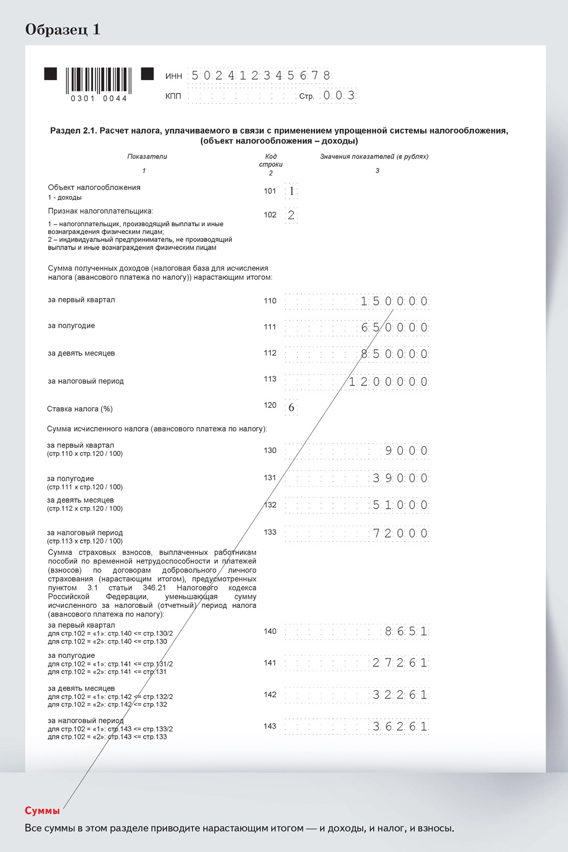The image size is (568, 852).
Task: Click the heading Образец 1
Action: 63,29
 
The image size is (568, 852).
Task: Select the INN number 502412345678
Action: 260,75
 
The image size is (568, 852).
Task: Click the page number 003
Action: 339,96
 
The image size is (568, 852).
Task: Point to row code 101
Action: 270,191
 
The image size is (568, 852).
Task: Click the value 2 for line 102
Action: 291,215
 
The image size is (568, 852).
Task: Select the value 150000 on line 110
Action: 394,302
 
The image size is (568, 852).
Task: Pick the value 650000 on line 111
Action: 395,327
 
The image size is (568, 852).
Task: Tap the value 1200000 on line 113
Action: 388,382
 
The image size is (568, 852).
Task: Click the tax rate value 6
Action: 291,408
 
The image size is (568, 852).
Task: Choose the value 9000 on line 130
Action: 406,451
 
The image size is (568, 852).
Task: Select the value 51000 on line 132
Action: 401,505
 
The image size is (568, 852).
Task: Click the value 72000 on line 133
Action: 401,533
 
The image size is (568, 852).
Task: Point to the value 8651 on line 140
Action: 406,631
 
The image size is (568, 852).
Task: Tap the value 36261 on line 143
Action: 401,726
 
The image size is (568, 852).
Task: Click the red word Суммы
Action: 42,811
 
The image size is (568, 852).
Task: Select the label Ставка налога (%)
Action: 80,409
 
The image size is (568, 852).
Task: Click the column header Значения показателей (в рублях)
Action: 374,156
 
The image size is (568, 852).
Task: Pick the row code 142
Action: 270,694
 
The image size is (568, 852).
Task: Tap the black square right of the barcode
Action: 147,74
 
